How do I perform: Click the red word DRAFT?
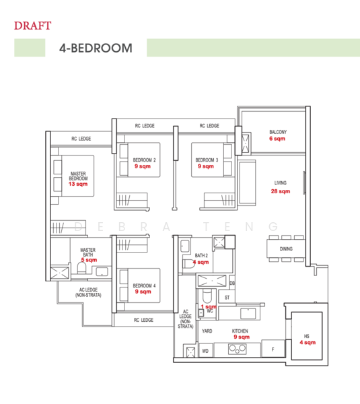[32, 26]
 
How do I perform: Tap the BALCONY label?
[277, 131]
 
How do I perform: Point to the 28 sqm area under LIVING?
[280, 191]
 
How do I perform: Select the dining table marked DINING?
[285, 248]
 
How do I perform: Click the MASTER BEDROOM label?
[78, 176]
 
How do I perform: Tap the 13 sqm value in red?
[78, 184]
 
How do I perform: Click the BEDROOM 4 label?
[143, 285]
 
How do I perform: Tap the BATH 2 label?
[201, 256]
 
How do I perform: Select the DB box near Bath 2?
[232, 282]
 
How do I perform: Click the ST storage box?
[227, 296]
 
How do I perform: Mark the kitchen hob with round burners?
[239, 348]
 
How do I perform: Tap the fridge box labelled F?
[272, 350]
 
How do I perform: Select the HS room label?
[307, 336]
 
